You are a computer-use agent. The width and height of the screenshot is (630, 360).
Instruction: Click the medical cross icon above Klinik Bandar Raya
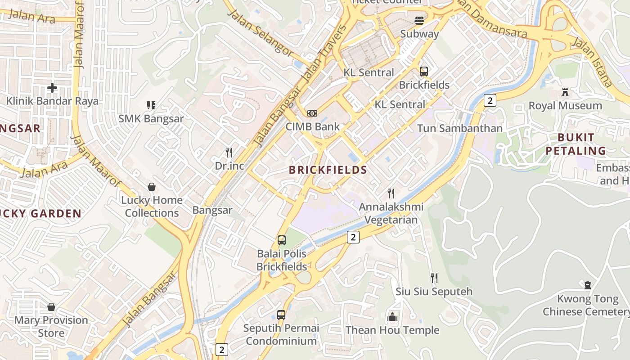point(52,88)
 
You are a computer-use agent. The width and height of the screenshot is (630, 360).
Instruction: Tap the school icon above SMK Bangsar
point(151,106)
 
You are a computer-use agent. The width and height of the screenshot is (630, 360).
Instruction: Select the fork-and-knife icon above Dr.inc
point(229,153)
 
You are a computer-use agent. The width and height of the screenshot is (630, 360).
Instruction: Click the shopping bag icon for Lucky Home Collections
point(152,187)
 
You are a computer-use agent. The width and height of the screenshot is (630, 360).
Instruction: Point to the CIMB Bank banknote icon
point(312,113)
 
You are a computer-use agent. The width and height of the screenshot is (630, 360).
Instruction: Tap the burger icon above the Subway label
point(419,20)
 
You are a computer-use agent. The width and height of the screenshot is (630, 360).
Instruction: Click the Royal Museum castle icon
point(565,92)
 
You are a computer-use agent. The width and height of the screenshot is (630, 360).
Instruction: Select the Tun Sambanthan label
point(459,128)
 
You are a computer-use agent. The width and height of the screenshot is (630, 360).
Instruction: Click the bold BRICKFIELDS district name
point(328,170)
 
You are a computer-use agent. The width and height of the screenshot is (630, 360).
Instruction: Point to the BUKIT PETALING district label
point(576,144)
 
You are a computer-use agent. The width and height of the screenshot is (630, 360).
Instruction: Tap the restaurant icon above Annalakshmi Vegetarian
point(391,193)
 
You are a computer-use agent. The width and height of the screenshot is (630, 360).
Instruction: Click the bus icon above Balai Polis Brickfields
point(282,240)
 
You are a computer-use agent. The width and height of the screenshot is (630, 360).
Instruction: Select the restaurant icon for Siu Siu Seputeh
point(434,278)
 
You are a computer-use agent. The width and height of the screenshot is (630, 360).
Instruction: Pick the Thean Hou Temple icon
point(392,317)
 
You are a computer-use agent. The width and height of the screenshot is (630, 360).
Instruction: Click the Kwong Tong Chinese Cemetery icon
point(587,285)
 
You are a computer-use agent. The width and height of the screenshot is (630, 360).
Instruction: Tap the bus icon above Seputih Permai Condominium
point(281,315)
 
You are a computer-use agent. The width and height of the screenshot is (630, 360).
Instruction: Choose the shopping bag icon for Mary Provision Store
point(51,307)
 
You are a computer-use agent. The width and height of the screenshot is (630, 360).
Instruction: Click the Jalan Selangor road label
point(260,32)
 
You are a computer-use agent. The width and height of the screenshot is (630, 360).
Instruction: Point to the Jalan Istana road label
point(592,62)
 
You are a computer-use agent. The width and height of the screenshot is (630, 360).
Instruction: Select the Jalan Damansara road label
point(491,19)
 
